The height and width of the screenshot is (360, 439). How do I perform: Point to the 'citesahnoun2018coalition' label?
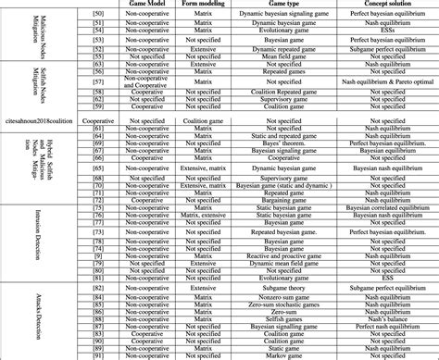pos(40,122)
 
